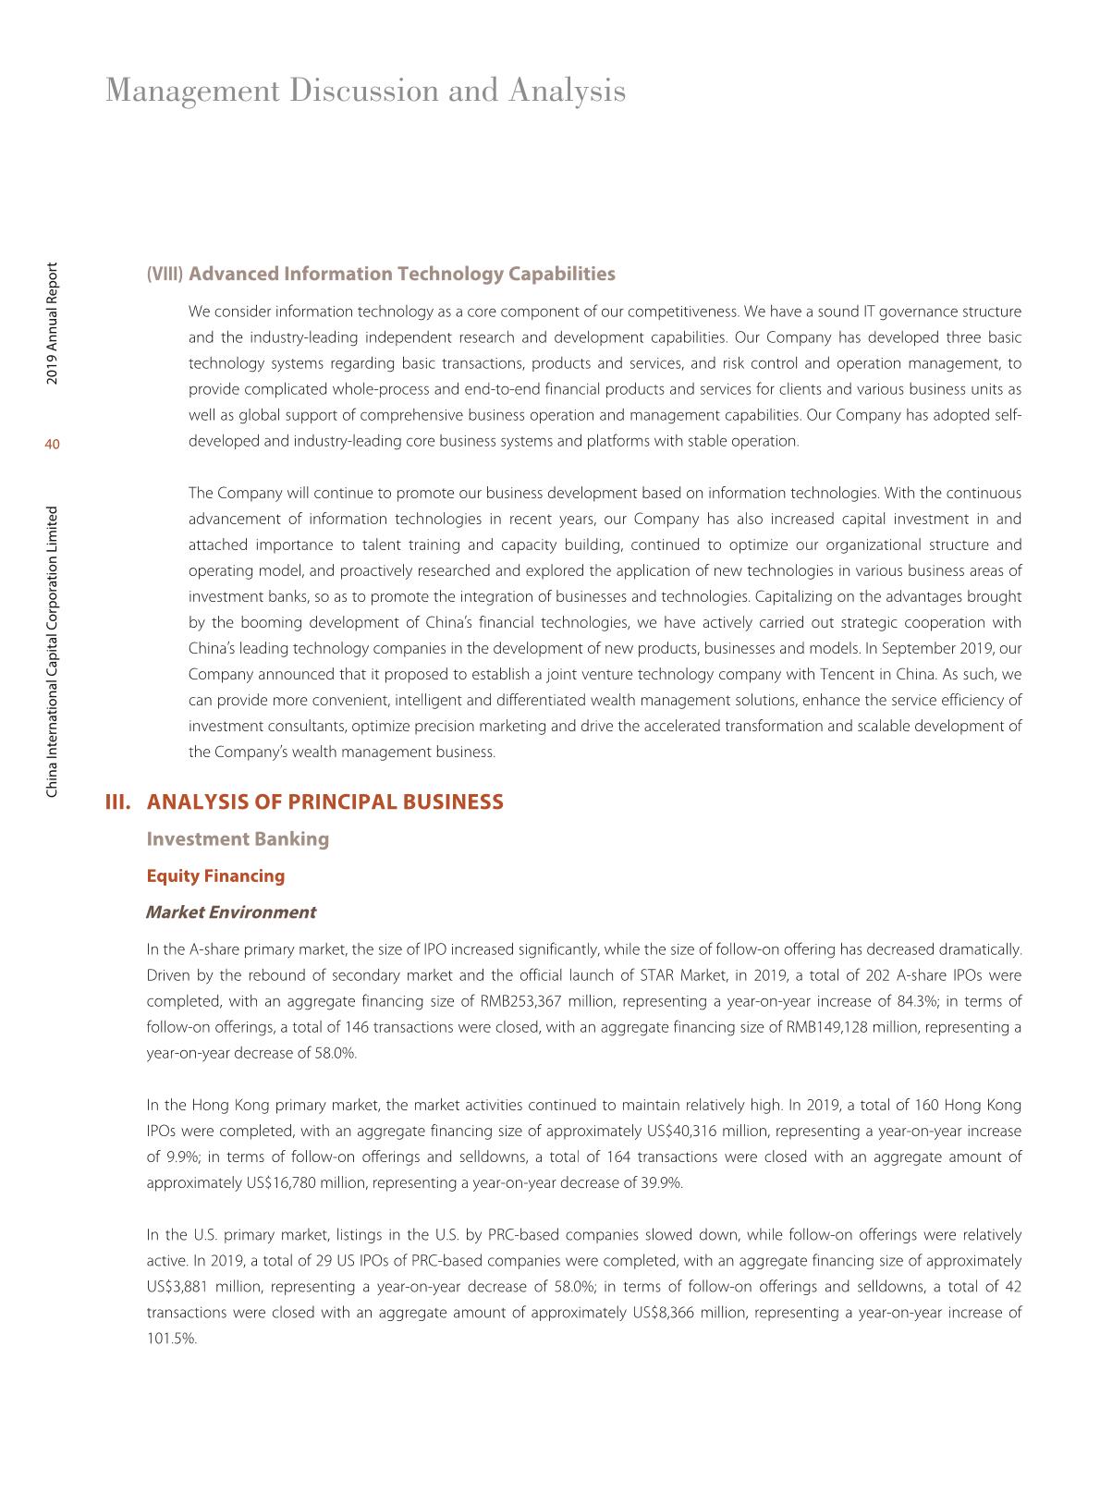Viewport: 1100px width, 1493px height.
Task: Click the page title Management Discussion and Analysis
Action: coord(365,91)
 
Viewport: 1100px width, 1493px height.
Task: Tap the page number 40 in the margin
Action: coord(52,446)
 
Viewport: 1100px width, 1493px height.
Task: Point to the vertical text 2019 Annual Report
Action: coord(53,323)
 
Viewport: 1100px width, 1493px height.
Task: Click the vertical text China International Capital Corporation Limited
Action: coord(53,651)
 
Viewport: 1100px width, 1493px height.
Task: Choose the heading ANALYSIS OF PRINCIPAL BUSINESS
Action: coord(325,802)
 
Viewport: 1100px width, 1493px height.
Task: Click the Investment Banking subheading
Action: coord(238,838)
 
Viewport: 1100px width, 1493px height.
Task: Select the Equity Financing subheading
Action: coord(215,875)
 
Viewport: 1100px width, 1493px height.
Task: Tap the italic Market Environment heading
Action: coord(231,912)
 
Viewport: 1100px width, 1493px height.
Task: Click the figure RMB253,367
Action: coord(520,1001)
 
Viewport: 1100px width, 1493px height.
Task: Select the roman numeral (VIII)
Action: coord(165,275)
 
